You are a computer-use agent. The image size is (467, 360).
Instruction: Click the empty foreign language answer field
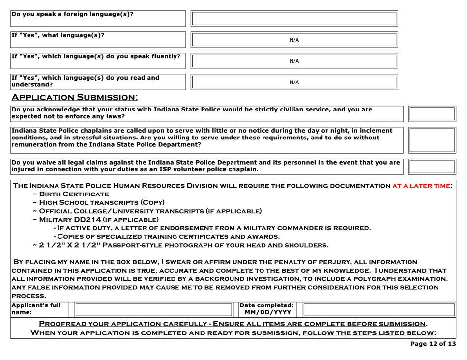[293, 19]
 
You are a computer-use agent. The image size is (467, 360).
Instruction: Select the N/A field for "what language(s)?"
[293, 40]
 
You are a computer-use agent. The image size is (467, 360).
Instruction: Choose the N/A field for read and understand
[293, 82]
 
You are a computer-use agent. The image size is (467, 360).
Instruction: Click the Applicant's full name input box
[153, 309]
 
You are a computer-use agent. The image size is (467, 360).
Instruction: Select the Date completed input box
[379, 309]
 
